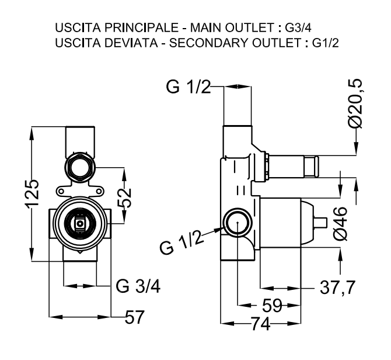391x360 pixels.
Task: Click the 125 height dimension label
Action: click(x=32, y=192)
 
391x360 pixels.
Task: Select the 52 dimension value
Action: click(x=124, y=198)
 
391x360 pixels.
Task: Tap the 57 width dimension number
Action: click(x=135, y=317)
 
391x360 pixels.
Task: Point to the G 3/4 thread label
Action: click(x=138, y=286)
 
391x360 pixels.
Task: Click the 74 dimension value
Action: click(x=261, y=324)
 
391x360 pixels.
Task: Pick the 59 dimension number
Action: click(x=272, y=305)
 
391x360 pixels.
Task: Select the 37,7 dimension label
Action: click(x=337, y=288)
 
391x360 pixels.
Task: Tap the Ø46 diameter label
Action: click(x=340, y=223)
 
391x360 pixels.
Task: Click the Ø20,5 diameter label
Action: click(x=355, y=103)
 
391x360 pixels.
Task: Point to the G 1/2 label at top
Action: click(x=188, y=87)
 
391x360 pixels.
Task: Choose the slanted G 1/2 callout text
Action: click(x=181, y=241)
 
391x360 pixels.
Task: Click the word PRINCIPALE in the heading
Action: click(x=141, y=27)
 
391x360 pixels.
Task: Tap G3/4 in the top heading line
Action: click(x=298, y=27)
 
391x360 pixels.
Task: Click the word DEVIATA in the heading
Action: click(x=131, y=43)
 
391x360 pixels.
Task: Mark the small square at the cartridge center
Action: click(x=80, y=224)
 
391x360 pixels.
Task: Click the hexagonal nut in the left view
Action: click(x=80, y=167)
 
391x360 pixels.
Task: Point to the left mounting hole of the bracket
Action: click(x=61, y=192)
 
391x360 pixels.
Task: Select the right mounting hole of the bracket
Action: click(x=99, y=192)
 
